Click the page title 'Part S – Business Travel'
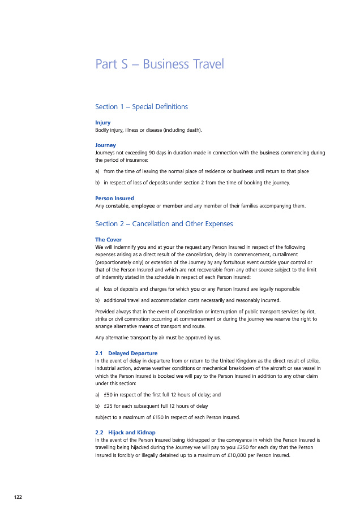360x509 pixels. [x=160, y=64]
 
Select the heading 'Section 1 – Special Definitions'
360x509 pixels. [x=142, y=107]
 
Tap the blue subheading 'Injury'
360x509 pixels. [x=103, y=122]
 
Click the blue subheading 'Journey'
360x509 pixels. [x=105, y=145]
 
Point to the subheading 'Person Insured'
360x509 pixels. [x=114, y=198]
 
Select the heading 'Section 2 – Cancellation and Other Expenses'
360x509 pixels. [x=164, y=224]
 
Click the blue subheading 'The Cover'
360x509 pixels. [x=108, y=240]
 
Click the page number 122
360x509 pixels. [x=19, y=496]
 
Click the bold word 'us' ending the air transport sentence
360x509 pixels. [x=217, y=338]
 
